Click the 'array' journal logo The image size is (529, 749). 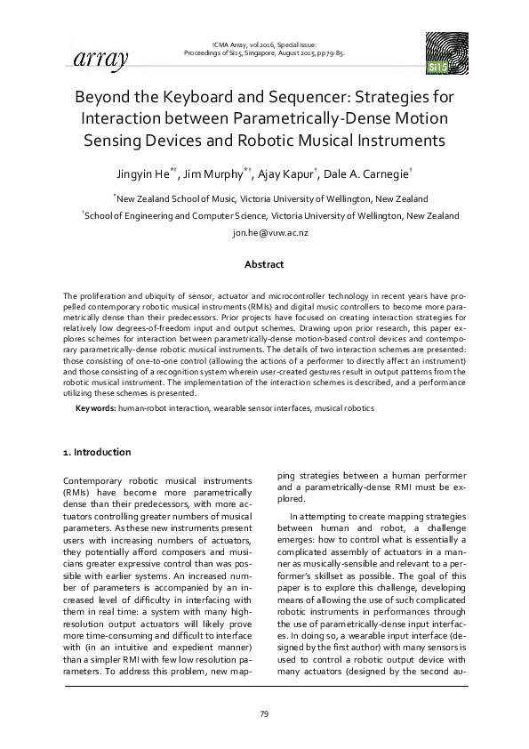(x=92, y=59)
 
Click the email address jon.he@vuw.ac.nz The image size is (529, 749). (x=264, y=232)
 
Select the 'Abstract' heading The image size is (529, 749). (x=264, y=264)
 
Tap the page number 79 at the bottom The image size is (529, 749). (x=264, y=714)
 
